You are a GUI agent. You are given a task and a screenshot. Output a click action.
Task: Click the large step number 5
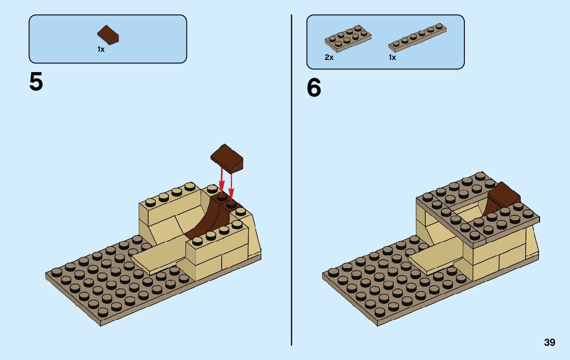pyautogui.click(x=36, y=82)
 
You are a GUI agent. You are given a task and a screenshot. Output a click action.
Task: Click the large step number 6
pyautogui.click(x=314, y=88)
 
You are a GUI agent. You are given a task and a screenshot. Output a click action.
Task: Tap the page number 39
pyautogui.click(x=549, y=343)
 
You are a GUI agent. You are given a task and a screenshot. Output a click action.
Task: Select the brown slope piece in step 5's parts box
pyautogui.click(x=109, y=35)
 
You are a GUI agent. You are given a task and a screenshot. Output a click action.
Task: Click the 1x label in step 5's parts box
pyautogui.click(x=101, y=50)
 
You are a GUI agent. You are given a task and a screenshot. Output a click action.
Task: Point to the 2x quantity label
pyautogui.click(x=329, y=58)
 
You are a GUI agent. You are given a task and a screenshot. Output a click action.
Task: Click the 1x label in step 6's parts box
pyautogui.click(x=392, y=58)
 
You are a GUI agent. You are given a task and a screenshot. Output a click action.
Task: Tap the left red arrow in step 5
pyautogui.click(x=221, y=180)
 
